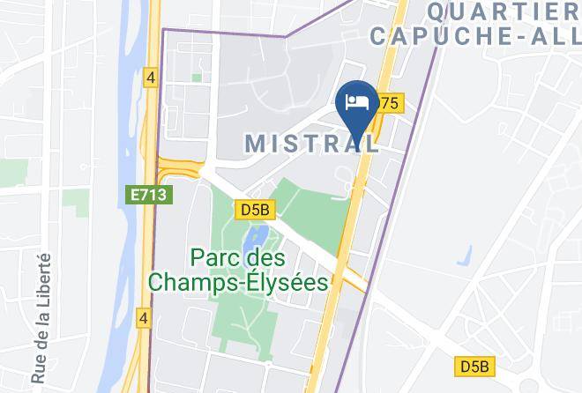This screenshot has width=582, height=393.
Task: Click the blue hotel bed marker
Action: click(358, 102)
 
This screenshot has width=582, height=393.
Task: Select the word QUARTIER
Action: click(503, 11)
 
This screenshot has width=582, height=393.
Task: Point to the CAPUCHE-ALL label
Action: click(475, 36)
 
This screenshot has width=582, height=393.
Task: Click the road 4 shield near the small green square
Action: click(152, 78)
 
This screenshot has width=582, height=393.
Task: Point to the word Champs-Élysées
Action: click(239, 283)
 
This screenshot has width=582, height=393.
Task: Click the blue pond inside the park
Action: click(259, 235)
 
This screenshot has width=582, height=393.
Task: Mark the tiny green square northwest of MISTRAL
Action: click(196, 78)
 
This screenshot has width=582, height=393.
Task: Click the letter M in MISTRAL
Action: click(255, 143)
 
